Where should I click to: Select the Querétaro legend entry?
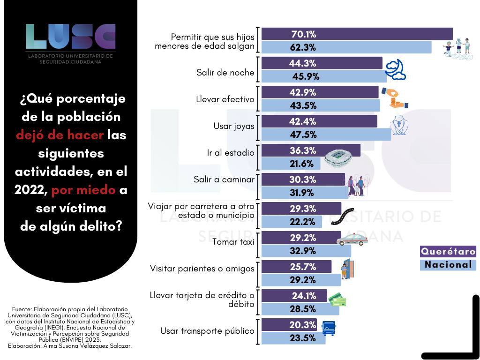pyautogui.click(x=448, y=251)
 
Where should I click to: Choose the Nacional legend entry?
pyautogui.click(x=448, y=265)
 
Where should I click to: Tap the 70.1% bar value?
pyautogui.click(x=304, y=34)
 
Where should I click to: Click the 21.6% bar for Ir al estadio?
pyautogui.click(x=291, y=164)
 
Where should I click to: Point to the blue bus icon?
pyautogui.click(x=329, y=327)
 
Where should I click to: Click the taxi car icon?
pyautogui.click(x=352, y=240)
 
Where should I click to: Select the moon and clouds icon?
pyautogui.click(x=395, y=69)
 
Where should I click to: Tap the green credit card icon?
pyautogui.click(x=337, y=300)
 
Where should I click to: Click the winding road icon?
pyautogui.click(x=345, y=215)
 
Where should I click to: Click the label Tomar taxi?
pyautogui.click(x=233, y=242)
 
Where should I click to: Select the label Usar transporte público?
pyautogui.click(x=207, y=331)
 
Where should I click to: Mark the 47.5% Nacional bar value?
pyautogui.click(x=303, y=135)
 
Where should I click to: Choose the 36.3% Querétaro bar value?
pyautogui.click(x=303, y=150)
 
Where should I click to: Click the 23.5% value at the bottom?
pyautogui.click(x=303, y=338)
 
